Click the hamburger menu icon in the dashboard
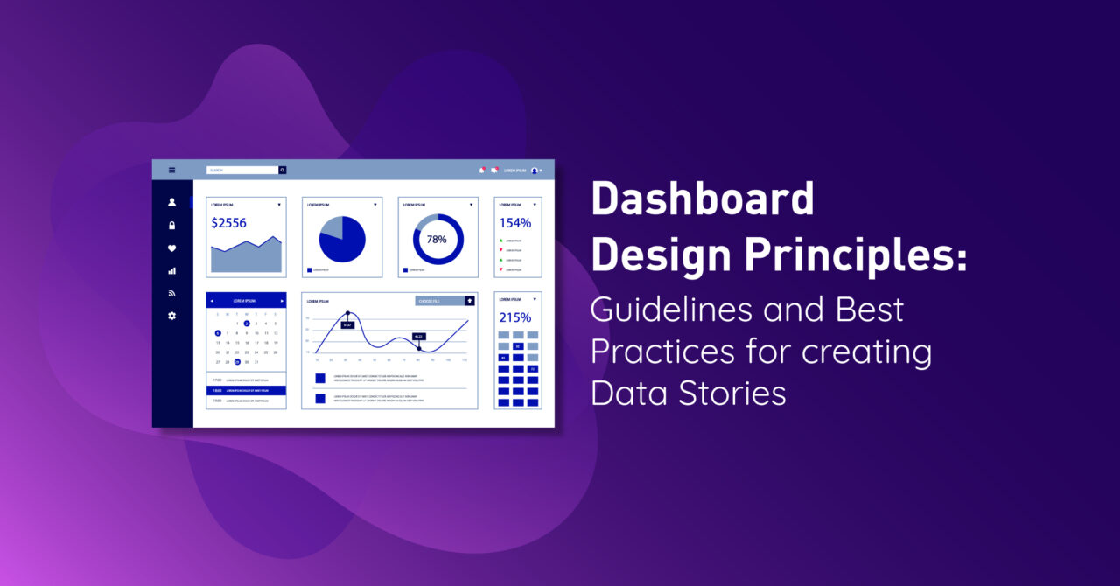(x=171, y=170)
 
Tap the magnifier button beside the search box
(x=283, y=170)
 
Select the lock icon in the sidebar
(x=171, y=226)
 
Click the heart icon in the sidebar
(x=171, y=248)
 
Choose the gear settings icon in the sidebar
(x=171, y=316)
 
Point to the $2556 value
(x=228, y=223)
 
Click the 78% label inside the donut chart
(x=437, y=239)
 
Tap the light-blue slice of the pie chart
(x=332, y=227)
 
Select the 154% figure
(x=515, y=223)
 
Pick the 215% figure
(x=515, y=317)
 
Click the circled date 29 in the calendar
(x=237, y=362)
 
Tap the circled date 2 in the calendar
(x=247, y=324)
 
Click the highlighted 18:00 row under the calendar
(x=246, y=390)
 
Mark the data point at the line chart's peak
(x=347, y=313)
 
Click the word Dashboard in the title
(x=703, y=200)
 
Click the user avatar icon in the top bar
(x=535, y=171)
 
